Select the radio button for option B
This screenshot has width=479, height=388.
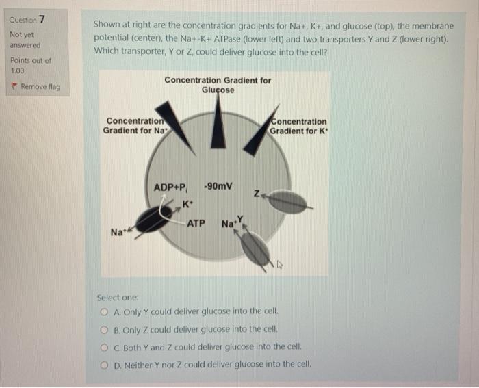tap(104, 328)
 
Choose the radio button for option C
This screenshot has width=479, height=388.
tap(104, 346)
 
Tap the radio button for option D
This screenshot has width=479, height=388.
tap(104, 364)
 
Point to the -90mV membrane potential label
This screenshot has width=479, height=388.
tap(218, 186)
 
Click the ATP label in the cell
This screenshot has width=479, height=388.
tap(196, 223)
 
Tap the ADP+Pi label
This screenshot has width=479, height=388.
tap(171, 187)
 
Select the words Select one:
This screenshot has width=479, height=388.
tap(118, 298)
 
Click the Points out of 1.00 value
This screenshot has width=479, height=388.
tap(17, 70)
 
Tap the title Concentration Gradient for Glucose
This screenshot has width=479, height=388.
tap(218, 85)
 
